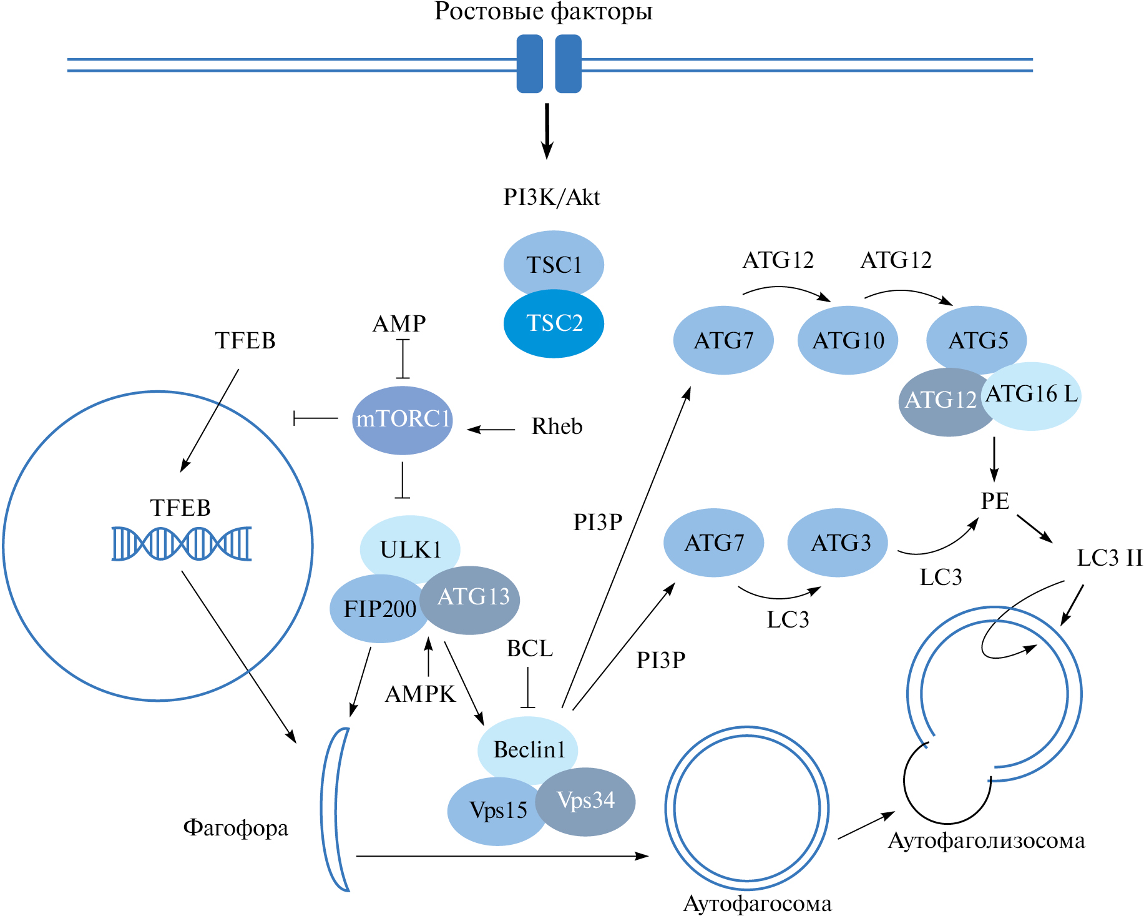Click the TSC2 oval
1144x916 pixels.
(554, 323)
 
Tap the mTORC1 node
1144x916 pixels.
(403, 419)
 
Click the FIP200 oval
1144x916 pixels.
(378, 609)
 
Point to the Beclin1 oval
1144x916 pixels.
(528, 749)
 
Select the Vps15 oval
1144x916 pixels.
(497, 810)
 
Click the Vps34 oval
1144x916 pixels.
(587, 800)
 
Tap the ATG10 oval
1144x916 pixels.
(848, 340)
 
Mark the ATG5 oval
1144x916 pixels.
(977, 339)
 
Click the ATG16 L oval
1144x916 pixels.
(1032, 395)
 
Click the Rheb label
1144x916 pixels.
(557, 426)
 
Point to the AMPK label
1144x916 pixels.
(420, 694)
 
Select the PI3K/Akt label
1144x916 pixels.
(552, 197)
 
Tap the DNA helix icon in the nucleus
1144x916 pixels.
(182, 543)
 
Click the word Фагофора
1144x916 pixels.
(235, 828)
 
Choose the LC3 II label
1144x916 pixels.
(1109, 558)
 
